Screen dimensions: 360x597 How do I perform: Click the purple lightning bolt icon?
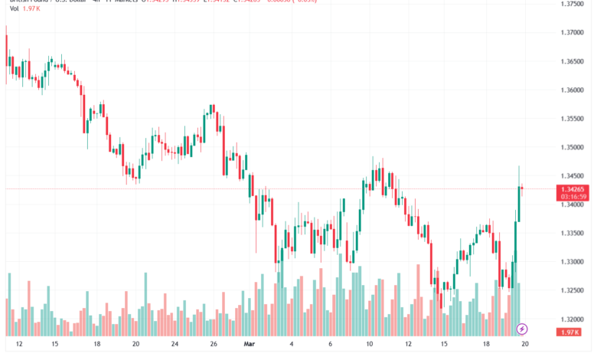point(523,329)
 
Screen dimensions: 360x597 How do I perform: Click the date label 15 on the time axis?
point(56,345)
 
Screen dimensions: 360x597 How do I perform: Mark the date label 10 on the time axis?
point(369,345)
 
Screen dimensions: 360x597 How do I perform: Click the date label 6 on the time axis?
point(330,345)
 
